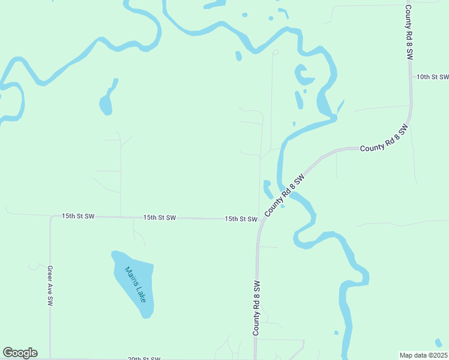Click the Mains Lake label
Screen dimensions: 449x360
(x=136, y=284)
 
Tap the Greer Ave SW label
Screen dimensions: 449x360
(x=50, y=286)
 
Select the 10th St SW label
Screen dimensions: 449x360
(x=432, y=77)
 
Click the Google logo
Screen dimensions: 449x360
(x=20, y=353)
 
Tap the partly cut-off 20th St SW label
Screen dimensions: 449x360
(x=144, y=358)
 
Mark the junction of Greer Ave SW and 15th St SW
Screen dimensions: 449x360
(x=50, y=216)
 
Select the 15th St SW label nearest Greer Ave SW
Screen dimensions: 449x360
(x=78, y=216)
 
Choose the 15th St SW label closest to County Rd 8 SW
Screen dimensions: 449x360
(x=241, y=219)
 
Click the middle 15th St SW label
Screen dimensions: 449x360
(x=159, y=217)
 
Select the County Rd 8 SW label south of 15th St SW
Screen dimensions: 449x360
(x=256, y=308)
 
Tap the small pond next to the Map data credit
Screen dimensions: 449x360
(x=439, y=343)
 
